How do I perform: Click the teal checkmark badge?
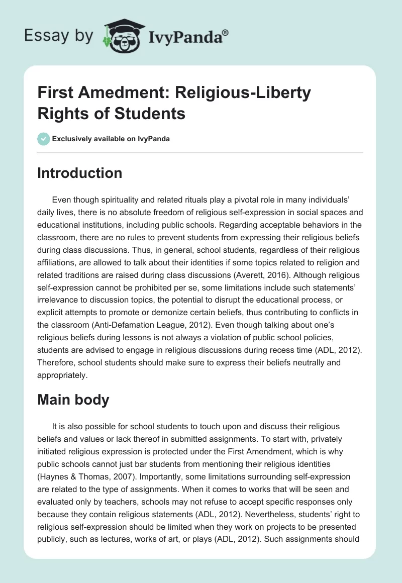coord(44,139)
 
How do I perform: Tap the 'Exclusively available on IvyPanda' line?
coord(111,139)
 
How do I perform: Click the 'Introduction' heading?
coord(80,173)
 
